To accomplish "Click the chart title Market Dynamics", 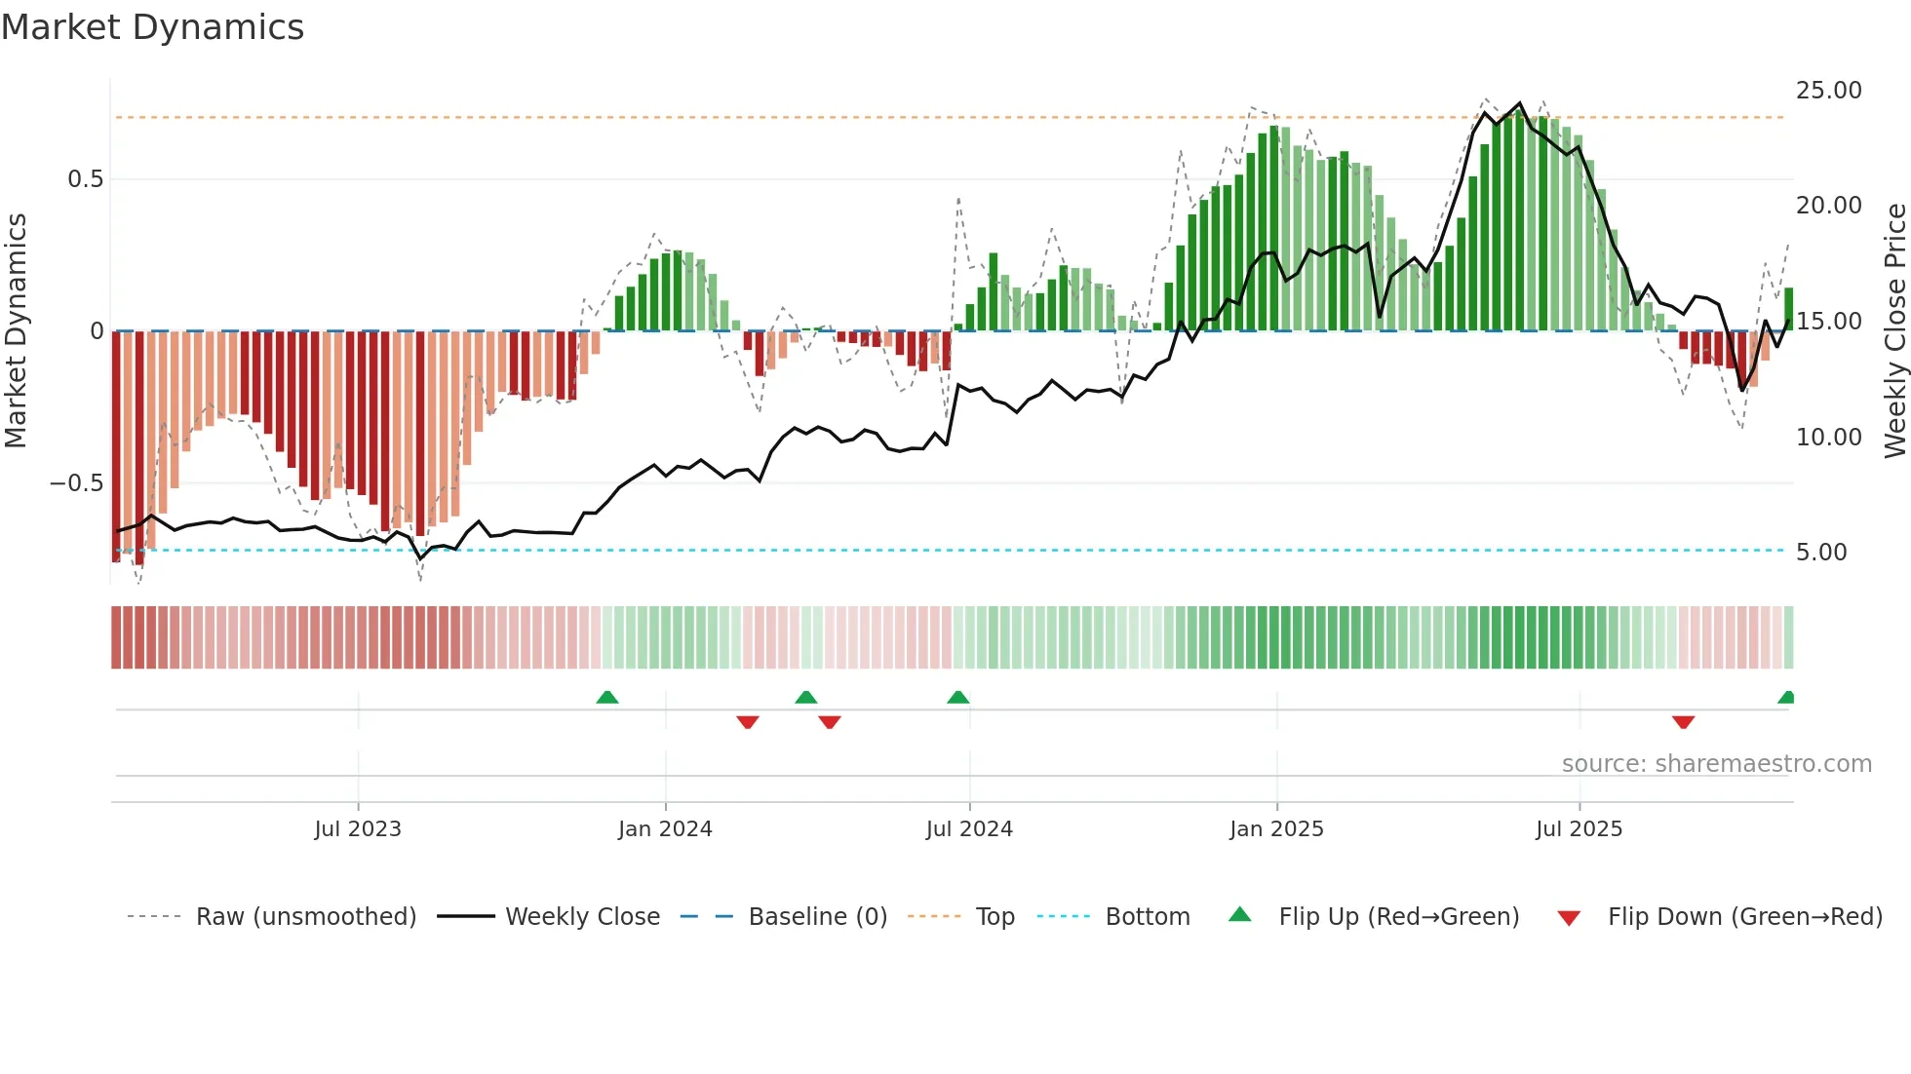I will click(152, 27).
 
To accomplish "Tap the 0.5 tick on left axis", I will click(85, 179).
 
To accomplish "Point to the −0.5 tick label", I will click(76, 483).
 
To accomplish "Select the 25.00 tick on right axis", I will click(1828, 91).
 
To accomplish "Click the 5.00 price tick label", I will click(1821, 553).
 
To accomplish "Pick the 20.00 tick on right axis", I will click(1828, 206).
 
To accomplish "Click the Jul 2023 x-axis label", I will click(358, 829).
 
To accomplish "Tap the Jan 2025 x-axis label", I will click(1276, 829).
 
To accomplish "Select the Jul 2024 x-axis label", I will click(969, 829).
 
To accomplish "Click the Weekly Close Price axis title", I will click(1894, 331).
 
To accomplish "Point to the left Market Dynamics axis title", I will click(16, 331).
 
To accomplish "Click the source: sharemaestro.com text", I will click(1716, 764).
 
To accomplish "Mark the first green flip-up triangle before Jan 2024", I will click(607, 698).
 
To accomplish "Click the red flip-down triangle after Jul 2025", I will click(1683, 721).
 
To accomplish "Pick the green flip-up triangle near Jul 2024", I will click(958, 698).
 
